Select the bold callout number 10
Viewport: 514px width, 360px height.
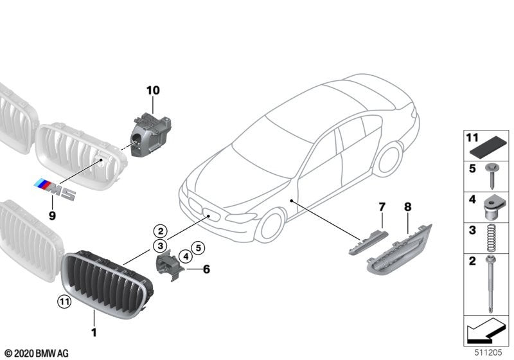pos(152,91)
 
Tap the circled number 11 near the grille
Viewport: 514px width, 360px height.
pos(64,300)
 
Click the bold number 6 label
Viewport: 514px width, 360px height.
pos(206,269)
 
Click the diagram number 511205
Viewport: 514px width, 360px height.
pos(489,352)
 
